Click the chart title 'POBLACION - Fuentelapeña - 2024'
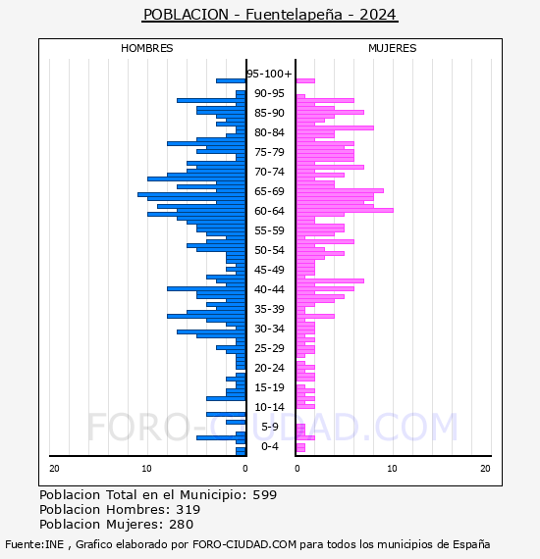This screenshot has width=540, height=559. tap(270, 15)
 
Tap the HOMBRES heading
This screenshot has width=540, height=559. tap(146, 48)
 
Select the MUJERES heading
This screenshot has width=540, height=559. tap(393, 48)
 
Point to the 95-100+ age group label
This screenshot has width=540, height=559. tap(269, 74)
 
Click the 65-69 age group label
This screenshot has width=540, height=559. tap(269, 191)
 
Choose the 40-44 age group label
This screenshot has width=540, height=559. tap(269, 289)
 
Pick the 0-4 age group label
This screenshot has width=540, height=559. tap(270, 446)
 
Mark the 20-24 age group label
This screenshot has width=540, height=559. tap(269, 368)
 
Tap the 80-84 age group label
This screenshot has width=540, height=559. tap(269, 132)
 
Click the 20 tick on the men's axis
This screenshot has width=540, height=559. tap(54, 469)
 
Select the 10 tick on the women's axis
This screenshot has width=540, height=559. tap(392, 469)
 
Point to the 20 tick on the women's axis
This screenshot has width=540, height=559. tap(485, 469)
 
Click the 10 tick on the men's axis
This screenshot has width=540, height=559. tap(146, 469)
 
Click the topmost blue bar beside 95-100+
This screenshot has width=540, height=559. tap(231, 81)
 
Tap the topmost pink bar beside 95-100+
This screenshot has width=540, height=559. tap(305, 81)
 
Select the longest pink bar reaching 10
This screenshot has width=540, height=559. tap(345, 210)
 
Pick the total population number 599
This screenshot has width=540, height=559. tap(265, 495)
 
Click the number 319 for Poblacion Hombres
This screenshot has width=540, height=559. tap(189, 509)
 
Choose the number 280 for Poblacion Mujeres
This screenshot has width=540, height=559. tap(182, 524)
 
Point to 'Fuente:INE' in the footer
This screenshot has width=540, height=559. tap(34, 544)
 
